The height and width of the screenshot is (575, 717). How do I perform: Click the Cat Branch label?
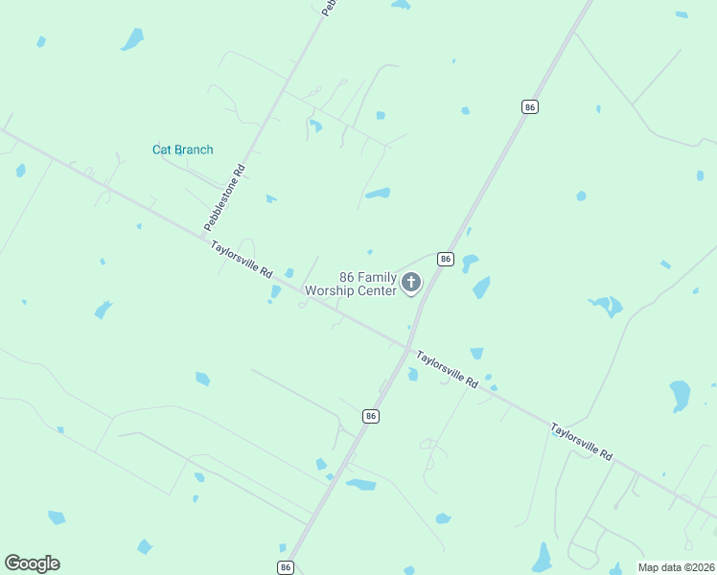click(182, 149)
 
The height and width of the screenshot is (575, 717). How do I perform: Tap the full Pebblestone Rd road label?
click(225, 197)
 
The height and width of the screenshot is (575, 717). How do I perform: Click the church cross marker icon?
click(412, 283)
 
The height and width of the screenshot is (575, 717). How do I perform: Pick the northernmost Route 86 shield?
click(529, 107)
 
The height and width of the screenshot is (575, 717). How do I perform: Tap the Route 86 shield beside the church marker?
click(445, 259)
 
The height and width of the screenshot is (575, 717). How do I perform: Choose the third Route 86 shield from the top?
click(371, 416)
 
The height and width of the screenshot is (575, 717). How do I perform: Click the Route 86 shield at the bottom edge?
click(286, 567)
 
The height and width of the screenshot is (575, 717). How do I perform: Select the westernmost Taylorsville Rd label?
click(243, 258)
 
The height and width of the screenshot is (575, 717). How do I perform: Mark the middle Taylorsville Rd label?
click(446, 369)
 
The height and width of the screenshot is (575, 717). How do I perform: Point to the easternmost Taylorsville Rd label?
click(581, 442)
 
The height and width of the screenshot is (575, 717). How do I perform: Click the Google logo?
click(32, 563)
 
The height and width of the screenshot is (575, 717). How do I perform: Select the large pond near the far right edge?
click(680, 394)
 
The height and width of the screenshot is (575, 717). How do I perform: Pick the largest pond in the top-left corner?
click(131, 39)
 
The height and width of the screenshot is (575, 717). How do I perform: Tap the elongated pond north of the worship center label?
click(378, 193)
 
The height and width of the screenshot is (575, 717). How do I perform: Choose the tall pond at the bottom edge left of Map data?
click(543, 557)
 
